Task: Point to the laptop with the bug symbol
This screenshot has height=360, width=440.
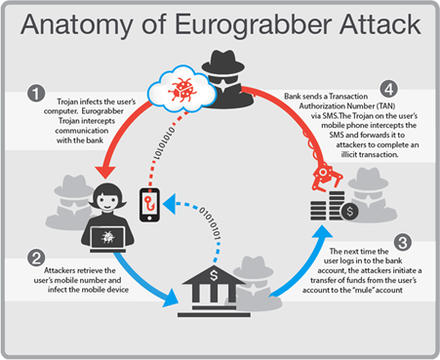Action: [x=109, y=237]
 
